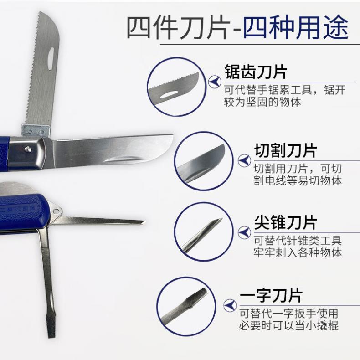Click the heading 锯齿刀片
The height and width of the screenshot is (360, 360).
click(x=256, y=72)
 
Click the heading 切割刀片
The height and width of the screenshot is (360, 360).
click(x=285, y=151)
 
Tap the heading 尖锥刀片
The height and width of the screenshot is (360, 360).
click(x=285, y=222)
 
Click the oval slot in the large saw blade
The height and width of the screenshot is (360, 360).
click(x=51, y=59)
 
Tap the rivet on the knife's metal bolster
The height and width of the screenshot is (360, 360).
click(x=28, y=149)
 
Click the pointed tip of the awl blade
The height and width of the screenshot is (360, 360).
click(x=144, y=221)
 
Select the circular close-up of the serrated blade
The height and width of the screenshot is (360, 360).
click(x=177, y=87)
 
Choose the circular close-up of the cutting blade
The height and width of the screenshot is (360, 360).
click(x=204, y=161)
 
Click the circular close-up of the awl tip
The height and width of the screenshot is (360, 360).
click(x=204, y=232)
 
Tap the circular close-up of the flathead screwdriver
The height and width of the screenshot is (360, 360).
click(x=186, y=306)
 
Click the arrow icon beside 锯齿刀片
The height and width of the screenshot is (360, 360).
click(x=215, y=82)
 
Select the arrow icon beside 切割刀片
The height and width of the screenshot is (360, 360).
click(x=244, y=160)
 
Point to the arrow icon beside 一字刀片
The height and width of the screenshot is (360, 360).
click(x=230, y=305)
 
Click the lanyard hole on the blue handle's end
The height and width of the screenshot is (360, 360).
click(x=56, y=211)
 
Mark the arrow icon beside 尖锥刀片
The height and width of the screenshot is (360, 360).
click(x=244, y=232)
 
